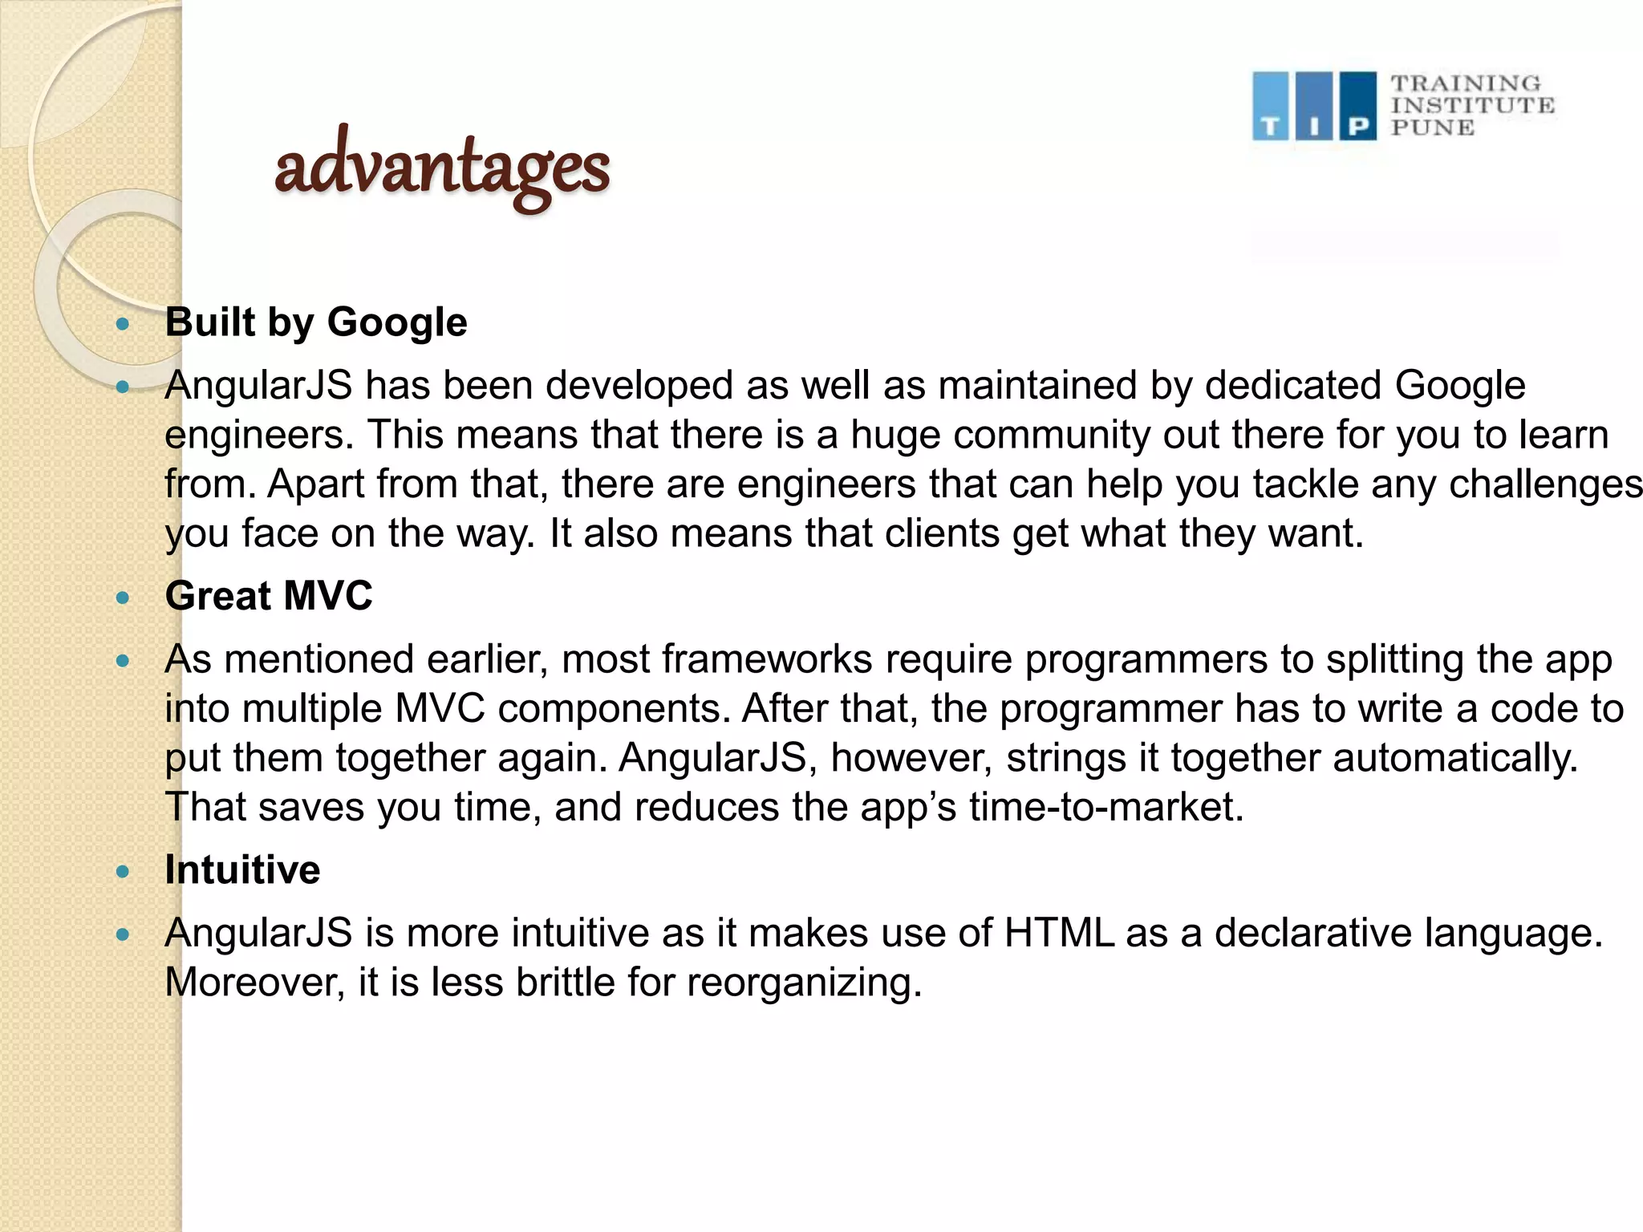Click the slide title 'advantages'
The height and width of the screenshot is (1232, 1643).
pyautogui.click(x=442, y=168)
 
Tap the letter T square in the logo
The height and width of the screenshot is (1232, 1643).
pyautogui.click(x=1270, y=107)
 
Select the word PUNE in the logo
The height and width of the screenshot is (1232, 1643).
pyautogui.click(x=1432, y=128)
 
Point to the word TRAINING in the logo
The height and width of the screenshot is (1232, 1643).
pyautogui.click(x=1466, y=83)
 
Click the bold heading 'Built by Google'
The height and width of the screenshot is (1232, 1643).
pyautogui.click(x=316, y=322)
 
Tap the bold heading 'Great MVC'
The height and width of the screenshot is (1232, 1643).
pyautogui.click(x=269, y=596)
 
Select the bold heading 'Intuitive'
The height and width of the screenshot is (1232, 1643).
pyautogui.click(x=242, y=870)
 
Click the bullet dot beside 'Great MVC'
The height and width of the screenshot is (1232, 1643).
pyautogui.click(x=123, y=598)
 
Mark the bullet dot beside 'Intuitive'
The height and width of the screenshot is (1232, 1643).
pyautogui.click(x=123, y=872)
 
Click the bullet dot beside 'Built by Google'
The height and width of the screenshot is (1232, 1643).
pyautogui.click(x=123, y=324)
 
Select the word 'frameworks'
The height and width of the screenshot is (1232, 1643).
pyautogui.click(x=767, y=659)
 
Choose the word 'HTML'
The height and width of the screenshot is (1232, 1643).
pyautogui.click(x=1059, y=933)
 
